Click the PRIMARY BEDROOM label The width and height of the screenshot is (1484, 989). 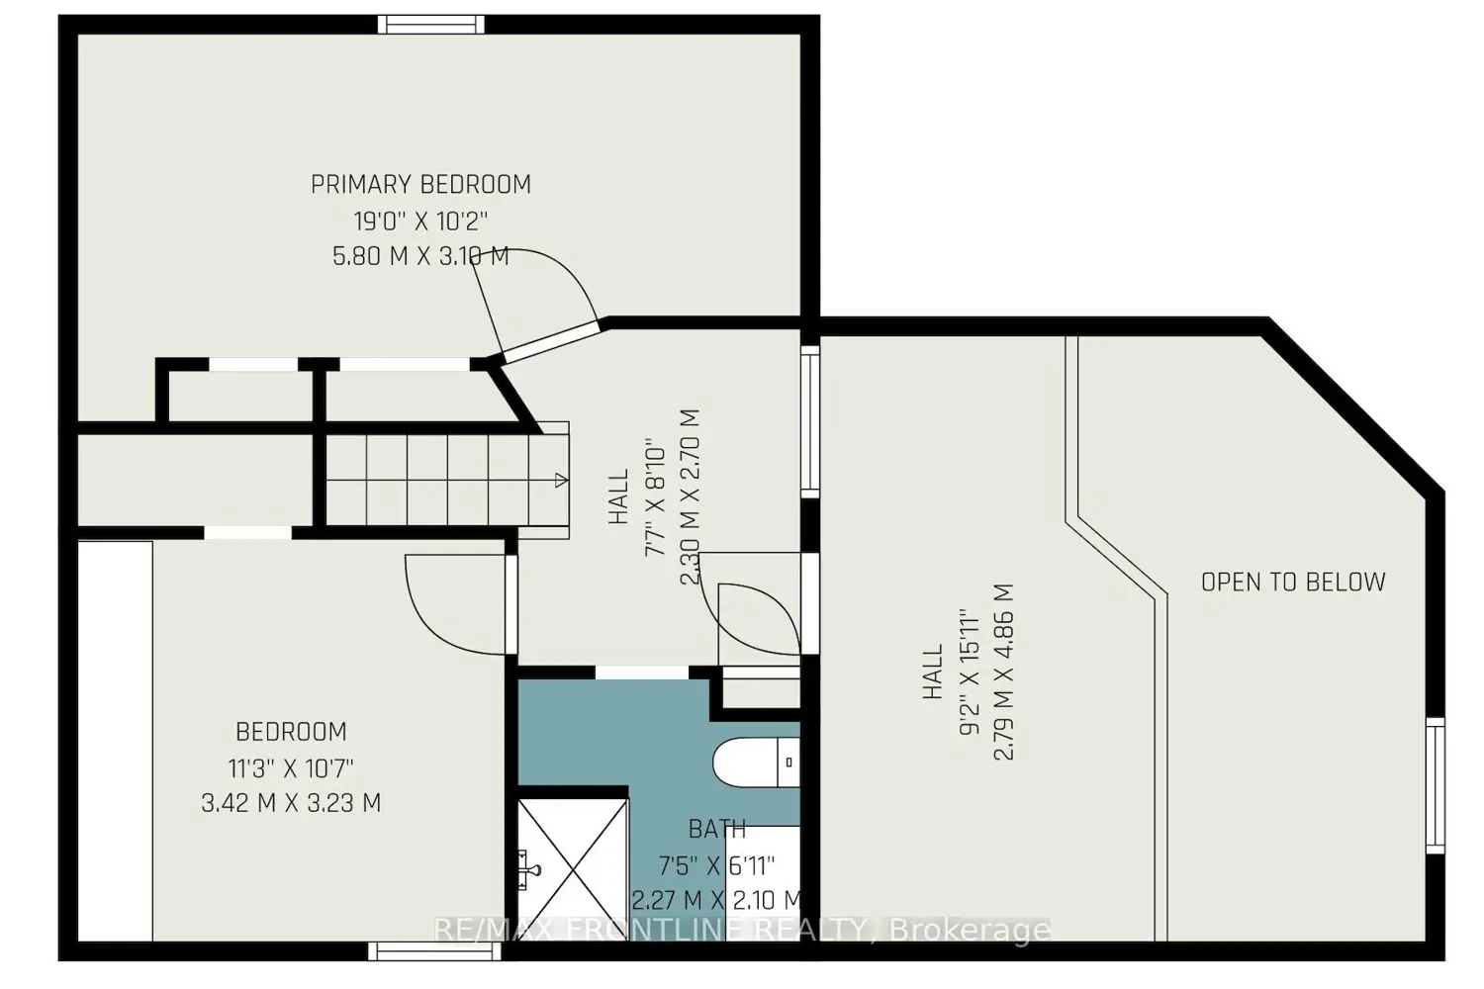420,184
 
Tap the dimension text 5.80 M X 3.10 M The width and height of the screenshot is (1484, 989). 420,256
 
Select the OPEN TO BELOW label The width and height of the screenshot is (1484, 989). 1292,583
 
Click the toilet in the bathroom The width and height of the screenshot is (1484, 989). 756,763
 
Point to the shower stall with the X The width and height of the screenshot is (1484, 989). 573,869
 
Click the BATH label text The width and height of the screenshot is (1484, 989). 717,829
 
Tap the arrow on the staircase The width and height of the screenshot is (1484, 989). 561,481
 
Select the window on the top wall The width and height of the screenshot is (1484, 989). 431,25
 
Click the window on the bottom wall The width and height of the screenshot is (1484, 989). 434,951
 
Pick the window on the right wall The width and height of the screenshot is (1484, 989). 1435,785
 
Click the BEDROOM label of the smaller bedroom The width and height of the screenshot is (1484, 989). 291,732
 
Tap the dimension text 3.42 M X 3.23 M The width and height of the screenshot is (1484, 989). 291,803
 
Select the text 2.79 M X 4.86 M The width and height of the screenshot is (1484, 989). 1004,672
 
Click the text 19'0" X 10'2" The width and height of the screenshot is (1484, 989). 420,221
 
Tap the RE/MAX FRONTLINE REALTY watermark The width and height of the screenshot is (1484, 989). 742,930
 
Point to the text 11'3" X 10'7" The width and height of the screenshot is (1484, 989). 291,768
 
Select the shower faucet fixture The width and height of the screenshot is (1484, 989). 530,869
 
